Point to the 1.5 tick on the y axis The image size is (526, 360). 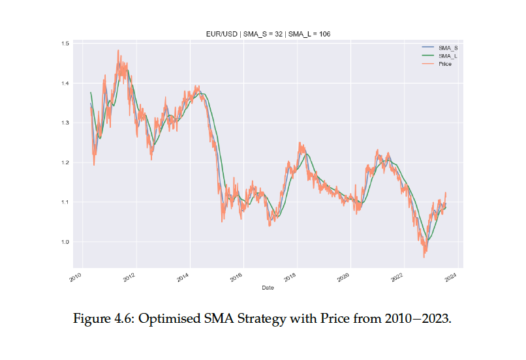[x=65, y=43]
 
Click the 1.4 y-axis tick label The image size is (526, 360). [x=65, y=83]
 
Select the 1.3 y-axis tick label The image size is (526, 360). [x=65, y=123]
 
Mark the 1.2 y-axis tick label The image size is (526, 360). [x=65, y=162]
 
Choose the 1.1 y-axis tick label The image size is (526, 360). [x=65, y=202]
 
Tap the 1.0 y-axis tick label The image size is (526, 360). [x=65, y=242]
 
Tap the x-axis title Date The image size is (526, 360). [x=268, y=287]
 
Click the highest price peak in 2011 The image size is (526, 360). [x=118, y=50]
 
